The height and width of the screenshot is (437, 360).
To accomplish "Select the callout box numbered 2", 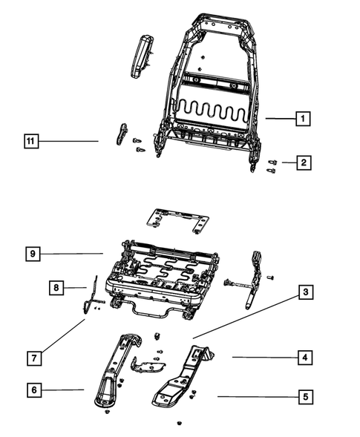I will tap(302, 162).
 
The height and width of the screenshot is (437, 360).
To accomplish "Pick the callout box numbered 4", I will tap(303, 358).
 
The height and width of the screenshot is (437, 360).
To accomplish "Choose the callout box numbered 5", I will tap(303, 397).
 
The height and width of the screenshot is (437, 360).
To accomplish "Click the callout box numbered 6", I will tap(33, 389).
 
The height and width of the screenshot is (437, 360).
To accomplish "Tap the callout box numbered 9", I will tap(33, 253).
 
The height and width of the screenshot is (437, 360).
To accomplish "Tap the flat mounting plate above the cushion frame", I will tap(177, 218).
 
